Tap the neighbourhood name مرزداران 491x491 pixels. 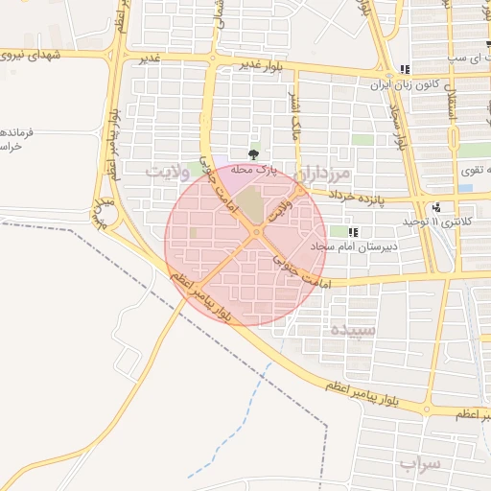[326, 175]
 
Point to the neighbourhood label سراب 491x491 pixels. [419, 465]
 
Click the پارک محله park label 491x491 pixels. [253, 170]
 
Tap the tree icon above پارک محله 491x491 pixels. [253, 153]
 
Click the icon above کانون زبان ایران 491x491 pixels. [405, 69]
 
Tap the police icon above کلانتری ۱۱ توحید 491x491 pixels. [437, 206]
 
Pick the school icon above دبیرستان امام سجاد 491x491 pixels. [353, 232]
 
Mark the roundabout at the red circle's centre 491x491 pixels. [255, 233]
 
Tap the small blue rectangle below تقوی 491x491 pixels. [465, 188]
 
